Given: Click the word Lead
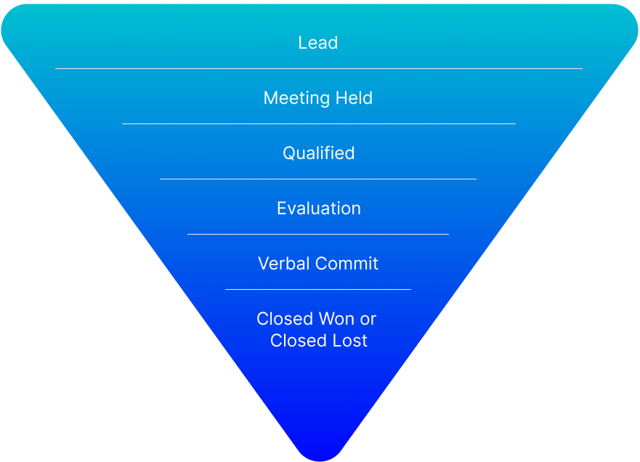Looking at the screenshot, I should pos(318,43).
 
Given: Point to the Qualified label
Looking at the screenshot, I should pos(318,153).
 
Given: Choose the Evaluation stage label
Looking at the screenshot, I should pos(318,208).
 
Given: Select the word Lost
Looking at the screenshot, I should pos(350,341).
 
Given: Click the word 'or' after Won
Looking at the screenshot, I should pos(368,319).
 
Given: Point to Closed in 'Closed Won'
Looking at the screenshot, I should pos(284,319).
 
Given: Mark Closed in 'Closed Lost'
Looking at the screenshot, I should pos(297,341).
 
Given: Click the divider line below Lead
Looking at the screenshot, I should pos(318,69).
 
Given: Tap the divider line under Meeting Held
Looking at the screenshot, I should pos(318,124).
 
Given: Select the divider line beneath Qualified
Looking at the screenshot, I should pos(318,179).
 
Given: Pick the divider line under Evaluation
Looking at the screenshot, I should pos(318,235).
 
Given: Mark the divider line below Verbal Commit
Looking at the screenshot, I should pos(318,289).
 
